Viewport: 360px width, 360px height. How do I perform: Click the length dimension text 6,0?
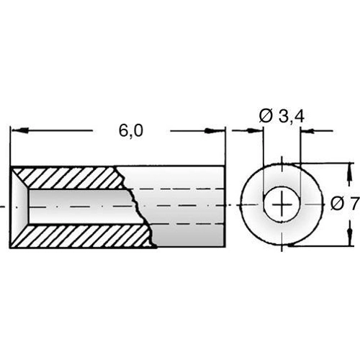click(131, 130)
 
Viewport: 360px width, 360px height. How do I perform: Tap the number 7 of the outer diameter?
click(353, 204)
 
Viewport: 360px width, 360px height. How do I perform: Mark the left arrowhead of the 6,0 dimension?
click(17, 131)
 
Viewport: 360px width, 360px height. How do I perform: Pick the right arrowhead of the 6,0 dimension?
click(217, 131)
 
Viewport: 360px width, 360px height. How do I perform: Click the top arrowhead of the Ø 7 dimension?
click(351, 171)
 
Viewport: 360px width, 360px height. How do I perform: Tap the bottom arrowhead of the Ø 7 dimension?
click(351, 240)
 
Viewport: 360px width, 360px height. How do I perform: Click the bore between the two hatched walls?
click(79, 206)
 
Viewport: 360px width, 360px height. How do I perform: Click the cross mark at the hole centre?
click(281, 206)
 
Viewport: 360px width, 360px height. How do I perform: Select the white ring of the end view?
click(252, 206)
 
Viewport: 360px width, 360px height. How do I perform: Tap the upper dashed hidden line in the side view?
click(180, 189)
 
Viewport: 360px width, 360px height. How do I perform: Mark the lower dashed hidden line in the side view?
click(180, 223)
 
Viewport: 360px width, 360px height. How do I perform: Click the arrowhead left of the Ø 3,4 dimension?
click(256, 131)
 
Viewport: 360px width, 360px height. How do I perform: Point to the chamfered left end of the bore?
click(20, 206)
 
